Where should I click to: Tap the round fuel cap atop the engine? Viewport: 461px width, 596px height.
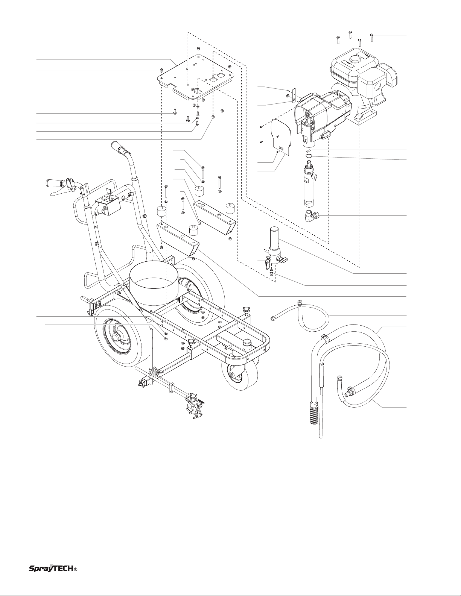(354, 59)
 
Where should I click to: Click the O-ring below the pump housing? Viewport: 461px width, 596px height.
(309, 156)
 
